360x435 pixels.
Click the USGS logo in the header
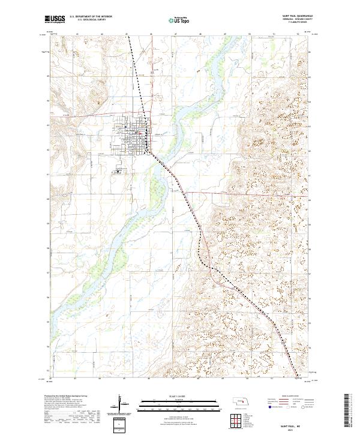(x=55, y=19)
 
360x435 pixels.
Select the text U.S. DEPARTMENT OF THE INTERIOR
(x=91, y=17)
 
